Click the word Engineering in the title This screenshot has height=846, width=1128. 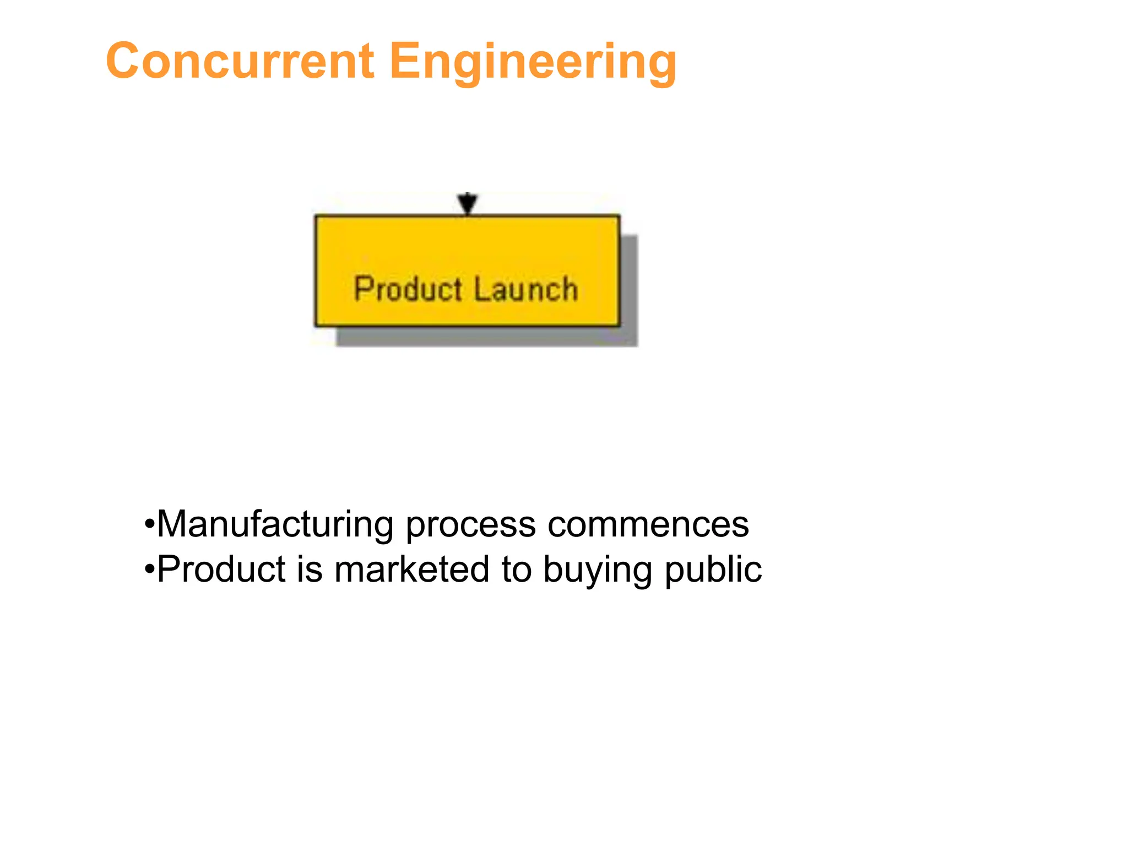point(533,62)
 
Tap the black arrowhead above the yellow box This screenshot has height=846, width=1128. point(468,203)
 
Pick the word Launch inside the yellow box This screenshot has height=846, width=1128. point(526,289)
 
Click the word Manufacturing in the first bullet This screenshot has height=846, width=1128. point(275,524)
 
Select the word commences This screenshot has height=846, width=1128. point(648,524)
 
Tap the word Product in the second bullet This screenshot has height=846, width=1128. point(221,569)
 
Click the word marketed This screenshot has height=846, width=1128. point(411,569)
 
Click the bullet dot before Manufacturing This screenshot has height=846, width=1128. point(149,525)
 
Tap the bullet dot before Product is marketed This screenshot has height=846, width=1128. point(149,570)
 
